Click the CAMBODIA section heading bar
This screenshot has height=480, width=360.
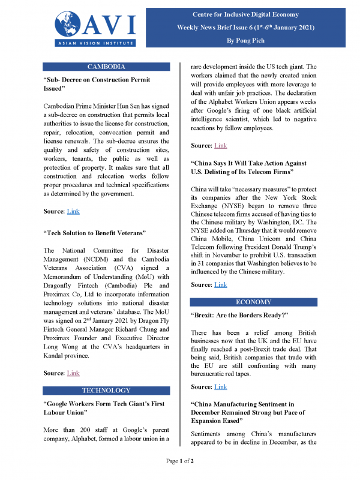[x=106, y=67]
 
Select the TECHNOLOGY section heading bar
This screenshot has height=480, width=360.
[x=106, y=389]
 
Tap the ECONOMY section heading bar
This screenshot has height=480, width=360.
[x=253, y=302]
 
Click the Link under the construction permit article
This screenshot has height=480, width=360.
[x=73, y=211]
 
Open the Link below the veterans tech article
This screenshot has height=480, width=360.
[x=73, y=373]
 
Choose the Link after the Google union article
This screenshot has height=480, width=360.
[x=220, y=146]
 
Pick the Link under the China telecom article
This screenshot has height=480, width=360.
[x=220, y=284]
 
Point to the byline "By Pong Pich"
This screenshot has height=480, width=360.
[x=253, y=40]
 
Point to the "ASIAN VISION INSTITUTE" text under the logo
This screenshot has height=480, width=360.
[x=95, y=43]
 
